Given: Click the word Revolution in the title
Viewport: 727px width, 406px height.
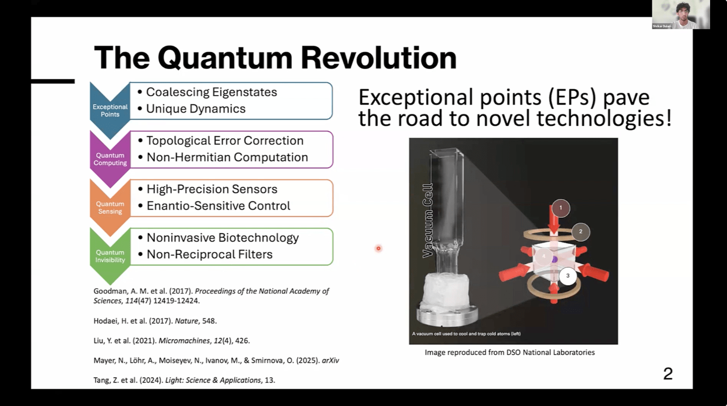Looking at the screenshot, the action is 379,58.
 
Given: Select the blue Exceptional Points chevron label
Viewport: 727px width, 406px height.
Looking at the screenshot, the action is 110,110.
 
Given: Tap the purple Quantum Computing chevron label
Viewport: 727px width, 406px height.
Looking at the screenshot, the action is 110,159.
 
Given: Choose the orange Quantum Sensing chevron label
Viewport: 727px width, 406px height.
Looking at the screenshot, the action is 110,208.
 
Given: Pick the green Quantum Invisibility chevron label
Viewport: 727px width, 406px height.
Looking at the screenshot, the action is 110,256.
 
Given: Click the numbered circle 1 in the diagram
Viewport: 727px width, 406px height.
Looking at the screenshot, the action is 561,208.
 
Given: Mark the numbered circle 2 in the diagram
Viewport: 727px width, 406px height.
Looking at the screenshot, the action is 580,231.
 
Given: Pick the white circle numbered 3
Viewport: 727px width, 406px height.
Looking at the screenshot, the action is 567,276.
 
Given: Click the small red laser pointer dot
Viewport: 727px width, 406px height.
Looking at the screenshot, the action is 378,249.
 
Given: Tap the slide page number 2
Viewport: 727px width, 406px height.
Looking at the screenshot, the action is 668,374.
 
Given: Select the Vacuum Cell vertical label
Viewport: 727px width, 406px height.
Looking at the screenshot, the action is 428,221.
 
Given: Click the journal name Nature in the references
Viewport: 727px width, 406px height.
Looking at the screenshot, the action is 187,321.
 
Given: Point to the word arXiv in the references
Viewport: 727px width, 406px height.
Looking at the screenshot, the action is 330,360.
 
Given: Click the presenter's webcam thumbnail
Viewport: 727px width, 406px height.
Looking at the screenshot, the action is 681,15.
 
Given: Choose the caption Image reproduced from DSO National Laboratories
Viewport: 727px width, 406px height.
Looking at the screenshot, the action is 510,352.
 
